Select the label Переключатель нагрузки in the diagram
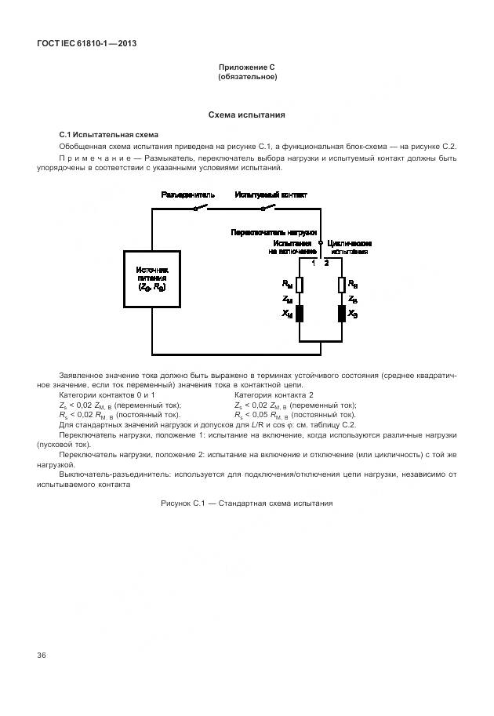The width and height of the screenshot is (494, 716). click(x=274, y=233)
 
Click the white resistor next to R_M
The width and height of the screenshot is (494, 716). click(x=300, y=285)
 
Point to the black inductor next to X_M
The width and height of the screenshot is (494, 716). click(x=300, y=314)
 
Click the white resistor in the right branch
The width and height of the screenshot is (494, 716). click(x=341, y=285)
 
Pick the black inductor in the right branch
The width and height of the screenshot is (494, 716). click(x=341, y=314)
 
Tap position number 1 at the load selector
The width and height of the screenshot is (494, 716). click(x=313, y=262)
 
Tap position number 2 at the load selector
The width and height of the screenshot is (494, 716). click(x=327, y=262)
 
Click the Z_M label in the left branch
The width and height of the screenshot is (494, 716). click(x=287, y=300)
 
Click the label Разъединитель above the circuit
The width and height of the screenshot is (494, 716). click(x=188, y=194)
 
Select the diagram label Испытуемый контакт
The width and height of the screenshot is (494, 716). click(x=271, y=194)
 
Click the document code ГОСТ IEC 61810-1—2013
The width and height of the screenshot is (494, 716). click(x=87, y=43)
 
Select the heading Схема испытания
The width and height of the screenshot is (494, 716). click(x=246, y=114)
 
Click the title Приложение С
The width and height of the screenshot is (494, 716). click(x=246, y=67)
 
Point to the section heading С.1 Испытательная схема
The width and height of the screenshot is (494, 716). click(x=109, y=135)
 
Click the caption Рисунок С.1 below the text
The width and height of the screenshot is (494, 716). click(x=247, y=503)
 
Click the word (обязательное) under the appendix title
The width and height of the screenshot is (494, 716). click(x=246, y=77)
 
